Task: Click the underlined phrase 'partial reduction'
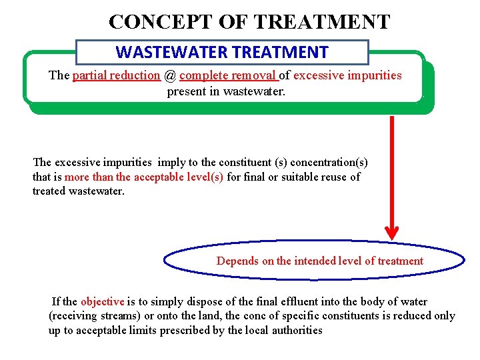pos(116,75)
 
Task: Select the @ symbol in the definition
pos(169,75)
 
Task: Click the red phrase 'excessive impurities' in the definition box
pos(347,75)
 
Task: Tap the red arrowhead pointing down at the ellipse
pos(392,233)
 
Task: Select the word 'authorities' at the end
pos(296,331)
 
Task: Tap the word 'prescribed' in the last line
pos(188,331)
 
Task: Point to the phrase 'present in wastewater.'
pos(226,91)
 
